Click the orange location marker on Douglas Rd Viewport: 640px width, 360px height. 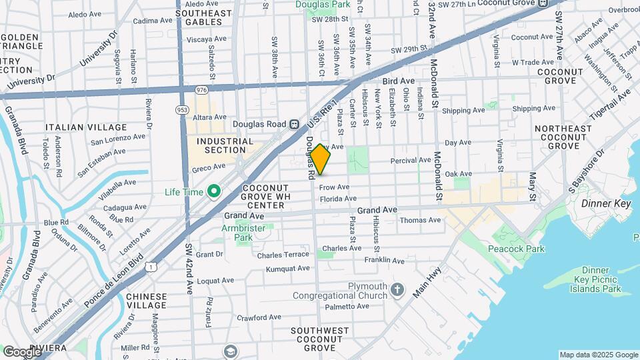pyautogui.click(x=320, y=159)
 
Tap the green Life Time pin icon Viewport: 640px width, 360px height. pyautogui.click(x=214, y=193)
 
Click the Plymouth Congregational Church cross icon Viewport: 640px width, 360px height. pyautogui.click(x=397, y=289)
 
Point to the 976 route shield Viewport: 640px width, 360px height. pyautogui.click(x=202, y=89)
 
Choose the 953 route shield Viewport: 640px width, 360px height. pyautogui.click(x=182, y=109)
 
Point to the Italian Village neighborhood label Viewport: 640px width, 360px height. pyautogui.click(x=86, y=127)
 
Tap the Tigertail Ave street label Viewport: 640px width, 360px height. pyautogui.click(x=609, y=106)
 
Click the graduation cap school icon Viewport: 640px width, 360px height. pyautogui.click(x=231, y=351)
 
